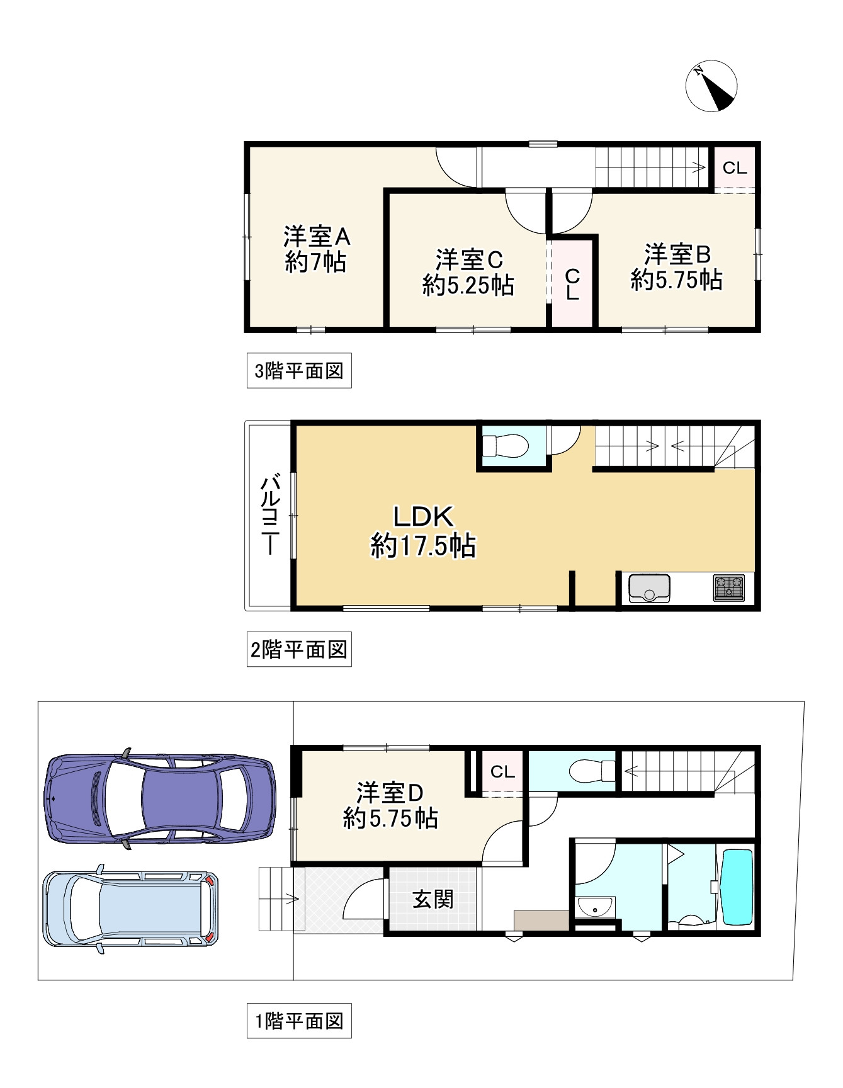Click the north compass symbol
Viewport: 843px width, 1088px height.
click(711, 86)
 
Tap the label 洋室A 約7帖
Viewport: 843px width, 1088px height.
click(316, 249)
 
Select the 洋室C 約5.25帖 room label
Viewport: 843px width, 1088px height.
click(468, 273)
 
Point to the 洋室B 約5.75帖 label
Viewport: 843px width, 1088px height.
click(677, 267)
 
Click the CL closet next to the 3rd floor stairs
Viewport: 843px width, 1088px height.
click(734, 167)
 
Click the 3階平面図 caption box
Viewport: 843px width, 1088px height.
click(299, 371)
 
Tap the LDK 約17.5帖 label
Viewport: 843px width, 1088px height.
click(423, 531)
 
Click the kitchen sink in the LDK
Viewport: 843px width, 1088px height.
click(649, 588)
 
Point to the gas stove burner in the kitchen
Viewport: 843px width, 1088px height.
click(729, 587)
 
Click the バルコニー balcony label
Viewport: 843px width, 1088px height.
click(270, 514)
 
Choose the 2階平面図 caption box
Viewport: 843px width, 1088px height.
click(299, 649)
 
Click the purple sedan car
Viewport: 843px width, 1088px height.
click(160, 798)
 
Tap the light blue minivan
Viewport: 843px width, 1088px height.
click(130, 909)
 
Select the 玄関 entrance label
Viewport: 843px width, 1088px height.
click(433, 899)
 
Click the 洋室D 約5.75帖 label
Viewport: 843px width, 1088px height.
click(391, 805)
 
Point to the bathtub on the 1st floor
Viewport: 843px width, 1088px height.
click(736, 887)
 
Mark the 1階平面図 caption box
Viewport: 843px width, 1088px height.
click(299, 1021)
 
